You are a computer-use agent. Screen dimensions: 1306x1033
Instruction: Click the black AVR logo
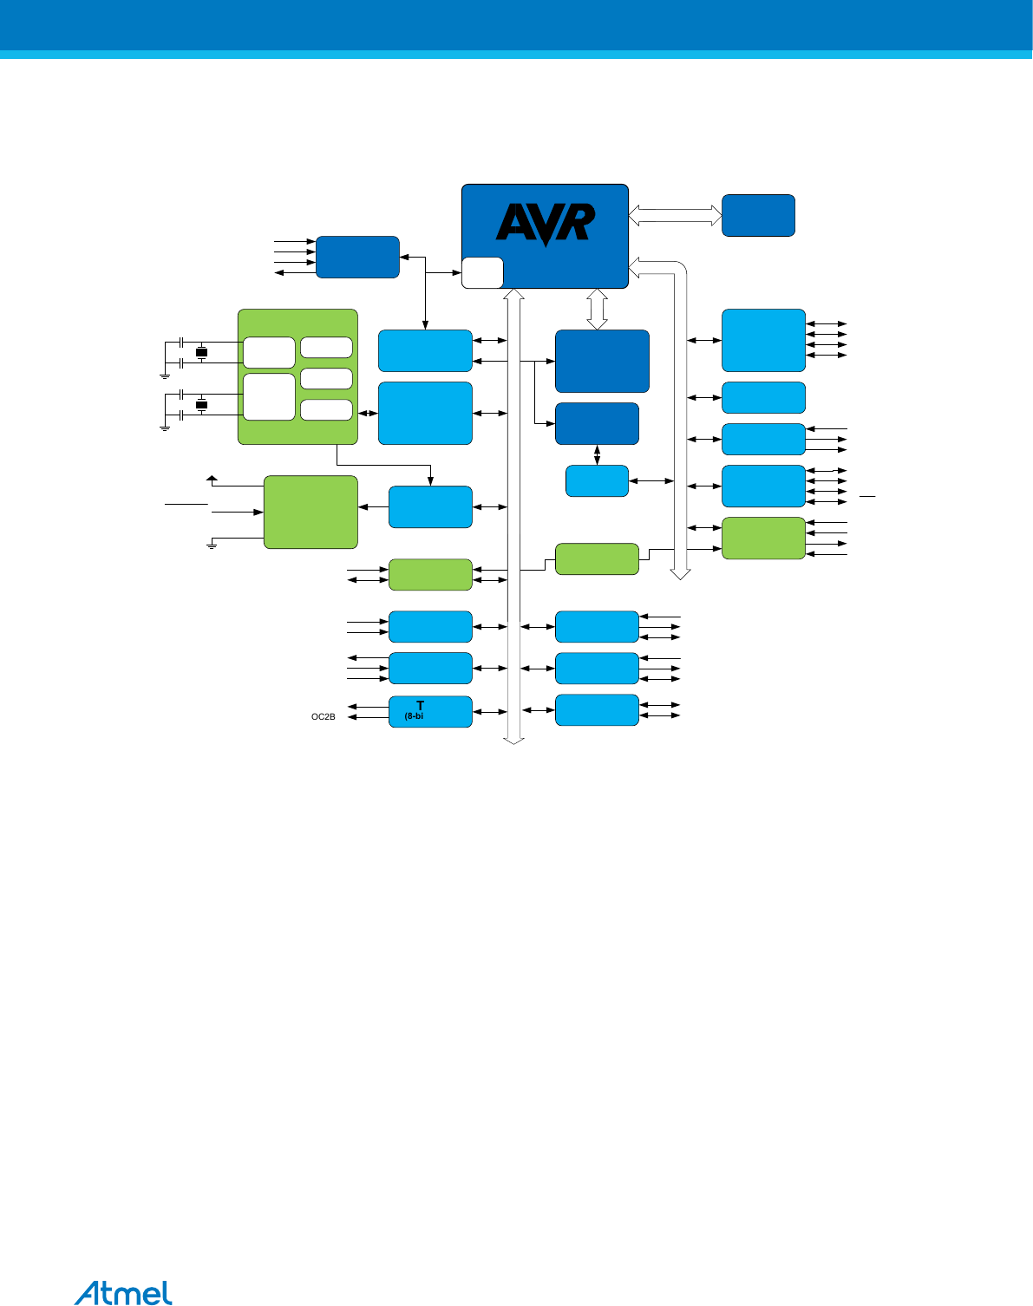pos(546,224)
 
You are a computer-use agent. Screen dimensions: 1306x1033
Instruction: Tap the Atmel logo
pos(123,1292)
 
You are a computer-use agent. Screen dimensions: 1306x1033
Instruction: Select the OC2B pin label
pos(323,717)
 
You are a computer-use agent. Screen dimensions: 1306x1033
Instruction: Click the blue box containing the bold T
pos(430,711)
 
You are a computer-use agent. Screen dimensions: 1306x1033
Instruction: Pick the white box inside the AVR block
pos(482,272)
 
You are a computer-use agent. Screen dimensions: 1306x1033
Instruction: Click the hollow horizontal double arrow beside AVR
pos(675,215)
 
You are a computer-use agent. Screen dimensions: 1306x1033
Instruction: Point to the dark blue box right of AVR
pos(758,215)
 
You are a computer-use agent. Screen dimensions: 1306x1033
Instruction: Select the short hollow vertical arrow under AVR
pos(597,309)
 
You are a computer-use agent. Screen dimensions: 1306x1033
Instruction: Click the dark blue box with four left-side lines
pos(357,257)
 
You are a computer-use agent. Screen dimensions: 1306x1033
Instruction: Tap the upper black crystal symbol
pos(202,352)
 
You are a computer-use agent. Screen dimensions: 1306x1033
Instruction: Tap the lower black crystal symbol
pos(202,405)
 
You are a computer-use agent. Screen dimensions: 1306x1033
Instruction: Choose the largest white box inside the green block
pos(269,396)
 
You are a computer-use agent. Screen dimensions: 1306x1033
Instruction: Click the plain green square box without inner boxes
pos(311,512)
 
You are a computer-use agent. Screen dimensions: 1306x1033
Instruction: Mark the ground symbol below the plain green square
pos(212,545)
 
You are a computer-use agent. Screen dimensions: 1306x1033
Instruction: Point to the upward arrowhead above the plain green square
pos(212,478)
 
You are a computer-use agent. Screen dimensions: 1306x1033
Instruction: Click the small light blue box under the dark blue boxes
pos(597,481)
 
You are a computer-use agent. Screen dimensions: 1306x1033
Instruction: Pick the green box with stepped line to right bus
pos(597,558)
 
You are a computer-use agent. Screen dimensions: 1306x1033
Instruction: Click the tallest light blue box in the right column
pos(763,340)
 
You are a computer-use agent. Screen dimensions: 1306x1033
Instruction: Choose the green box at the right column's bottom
pos(763,538)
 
